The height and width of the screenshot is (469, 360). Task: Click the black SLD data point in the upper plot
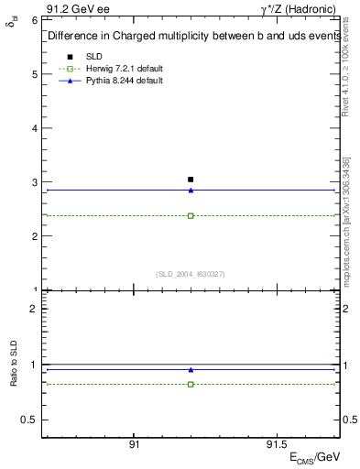(191, 180)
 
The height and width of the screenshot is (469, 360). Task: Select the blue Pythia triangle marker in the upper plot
(191, 191)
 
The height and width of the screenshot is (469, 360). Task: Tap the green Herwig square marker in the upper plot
(191, 216)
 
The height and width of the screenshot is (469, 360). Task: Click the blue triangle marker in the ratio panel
(191, 370)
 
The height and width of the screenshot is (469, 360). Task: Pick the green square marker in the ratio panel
(191, 385)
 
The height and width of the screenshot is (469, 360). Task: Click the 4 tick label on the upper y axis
(33, 128)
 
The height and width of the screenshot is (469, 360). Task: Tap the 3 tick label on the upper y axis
(33, 182)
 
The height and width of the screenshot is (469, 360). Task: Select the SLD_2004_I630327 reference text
(191, 274)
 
